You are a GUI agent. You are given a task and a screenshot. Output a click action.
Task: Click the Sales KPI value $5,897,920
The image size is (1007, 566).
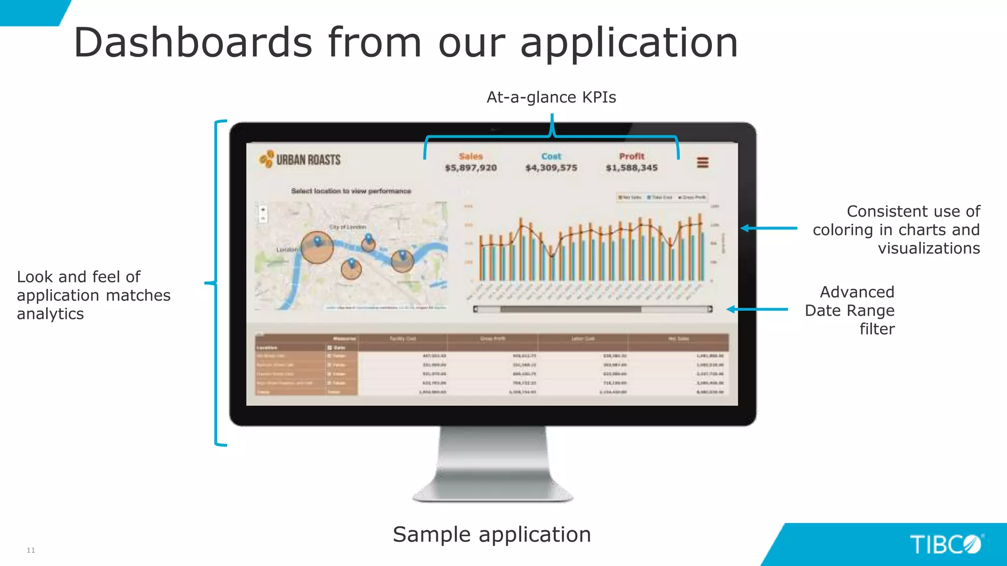click(x=471, y=168)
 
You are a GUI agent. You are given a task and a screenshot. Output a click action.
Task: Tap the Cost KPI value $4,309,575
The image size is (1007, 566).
click(x=551, y=168)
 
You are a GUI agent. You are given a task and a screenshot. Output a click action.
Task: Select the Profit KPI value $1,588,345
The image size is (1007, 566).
click(x=631, y=168)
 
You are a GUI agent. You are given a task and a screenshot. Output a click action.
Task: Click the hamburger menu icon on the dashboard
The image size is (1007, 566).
click(x=703, y=162)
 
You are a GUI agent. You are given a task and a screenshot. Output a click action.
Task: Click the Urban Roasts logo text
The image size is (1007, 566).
click(x=308, y=160)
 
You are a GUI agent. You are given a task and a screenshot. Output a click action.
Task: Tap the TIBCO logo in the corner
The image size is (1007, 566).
click(x=946, y=544)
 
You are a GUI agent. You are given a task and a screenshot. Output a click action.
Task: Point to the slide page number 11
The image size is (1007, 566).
click(x=31, y=550)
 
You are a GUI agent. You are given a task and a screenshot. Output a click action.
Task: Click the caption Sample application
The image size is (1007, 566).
click(x=492, y=535)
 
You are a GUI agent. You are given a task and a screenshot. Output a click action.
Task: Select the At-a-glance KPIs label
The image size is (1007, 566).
click(x=551, y=97)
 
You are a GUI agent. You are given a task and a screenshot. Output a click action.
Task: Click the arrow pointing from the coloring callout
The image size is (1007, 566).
click(x=769, y=228)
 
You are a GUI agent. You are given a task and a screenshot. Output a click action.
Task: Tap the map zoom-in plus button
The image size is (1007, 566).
click(x=263, y=209)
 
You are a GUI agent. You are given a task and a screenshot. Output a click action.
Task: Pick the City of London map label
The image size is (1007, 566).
click(x=348, y=227)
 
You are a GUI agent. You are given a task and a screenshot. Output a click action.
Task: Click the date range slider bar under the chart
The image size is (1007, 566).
click(x=570, y=309)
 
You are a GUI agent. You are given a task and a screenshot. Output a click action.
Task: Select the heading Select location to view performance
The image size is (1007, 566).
click(x=351, y=191)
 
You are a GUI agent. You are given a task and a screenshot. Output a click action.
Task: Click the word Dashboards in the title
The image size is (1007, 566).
click(x=193, y=42)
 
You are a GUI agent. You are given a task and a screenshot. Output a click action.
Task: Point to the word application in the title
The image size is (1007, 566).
click(x=629, y=43)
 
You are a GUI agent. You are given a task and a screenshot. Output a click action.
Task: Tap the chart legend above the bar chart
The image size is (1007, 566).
click(x=662, y=198)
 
